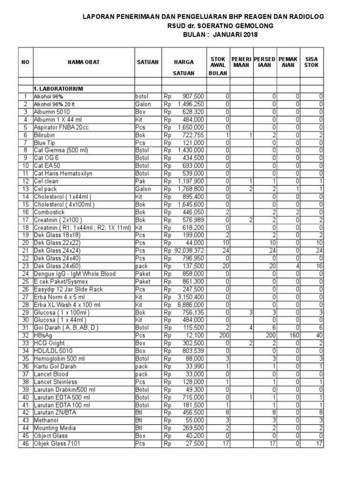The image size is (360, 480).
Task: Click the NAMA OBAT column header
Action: tap(83, 62)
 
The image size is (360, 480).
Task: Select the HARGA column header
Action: tap(184, 62)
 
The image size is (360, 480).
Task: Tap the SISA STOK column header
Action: tap(311, 62)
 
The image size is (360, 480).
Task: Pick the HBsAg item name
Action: tap(43, 335)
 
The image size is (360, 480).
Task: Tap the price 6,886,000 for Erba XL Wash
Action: tap(190, 304)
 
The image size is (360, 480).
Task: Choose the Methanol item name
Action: tap(45, 420)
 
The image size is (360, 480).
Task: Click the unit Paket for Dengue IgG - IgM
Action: tap(143, 273)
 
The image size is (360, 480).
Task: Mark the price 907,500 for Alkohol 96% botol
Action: tap(193, 96)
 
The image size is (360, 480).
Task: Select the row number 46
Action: tap(25, 443)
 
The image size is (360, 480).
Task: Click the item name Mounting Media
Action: tap(53, 427)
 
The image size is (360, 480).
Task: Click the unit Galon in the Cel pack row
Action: tap(143, 188)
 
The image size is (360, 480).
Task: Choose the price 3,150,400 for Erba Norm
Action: tap(190, 297)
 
